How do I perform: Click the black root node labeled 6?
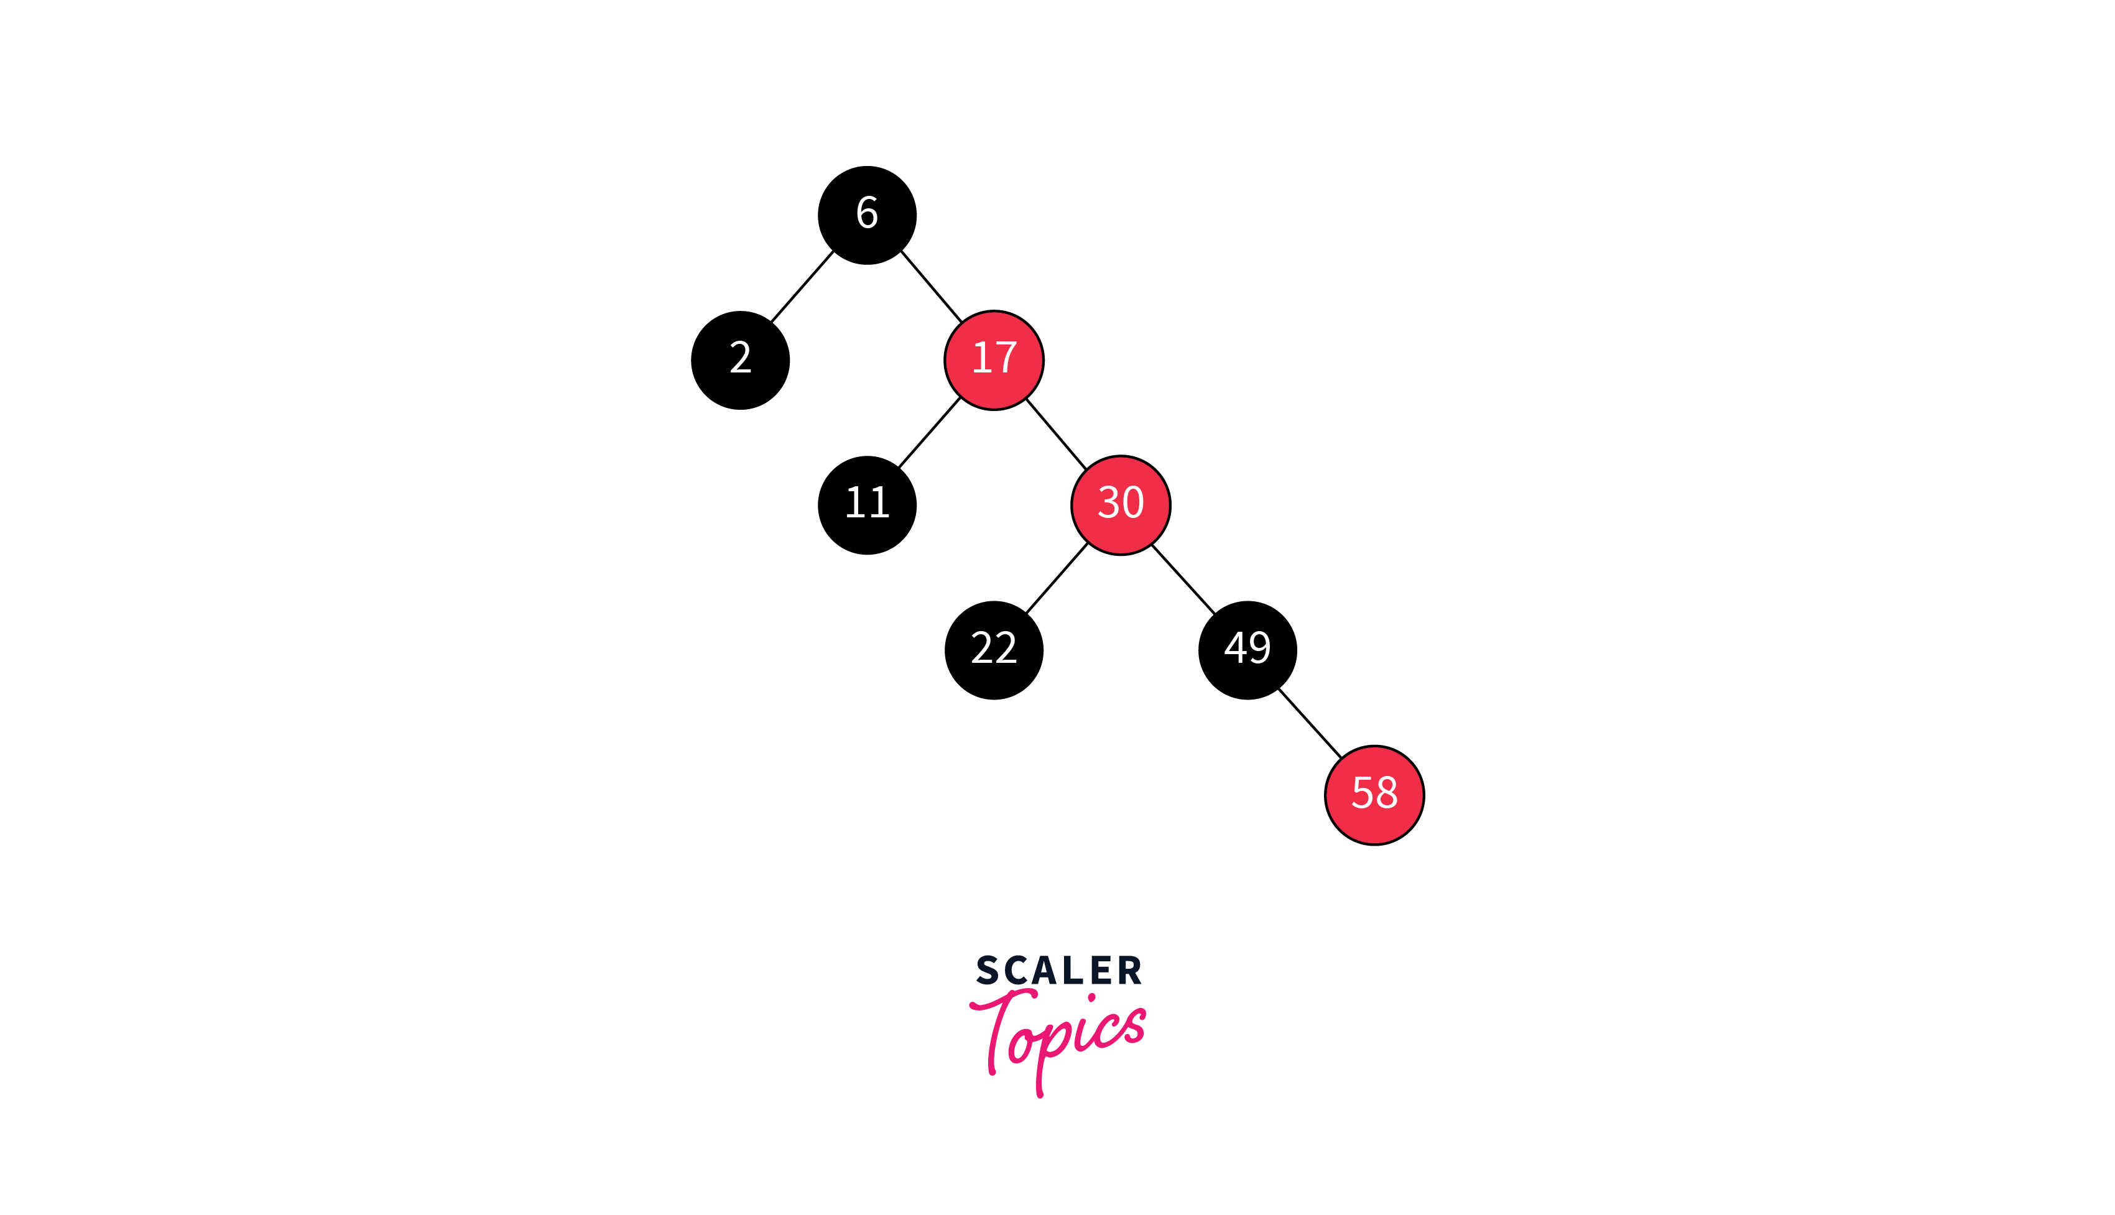867,215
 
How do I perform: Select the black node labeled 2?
740,361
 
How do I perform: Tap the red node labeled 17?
994,361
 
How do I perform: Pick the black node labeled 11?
867,505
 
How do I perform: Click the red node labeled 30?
1121,505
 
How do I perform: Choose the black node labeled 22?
994,650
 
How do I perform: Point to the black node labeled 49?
1247,650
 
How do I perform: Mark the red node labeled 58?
1374,795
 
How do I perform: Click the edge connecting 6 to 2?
802,286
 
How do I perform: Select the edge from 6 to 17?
931,286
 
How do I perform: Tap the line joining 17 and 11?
930,432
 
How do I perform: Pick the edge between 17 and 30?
1056,434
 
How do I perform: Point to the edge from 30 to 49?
1183,579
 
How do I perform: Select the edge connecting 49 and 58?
1310,724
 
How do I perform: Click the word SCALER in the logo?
1058,971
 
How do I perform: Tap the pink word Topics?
1058,1035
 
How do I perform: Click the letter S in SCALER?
987,971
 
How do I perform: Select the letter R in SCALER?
1130,971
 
